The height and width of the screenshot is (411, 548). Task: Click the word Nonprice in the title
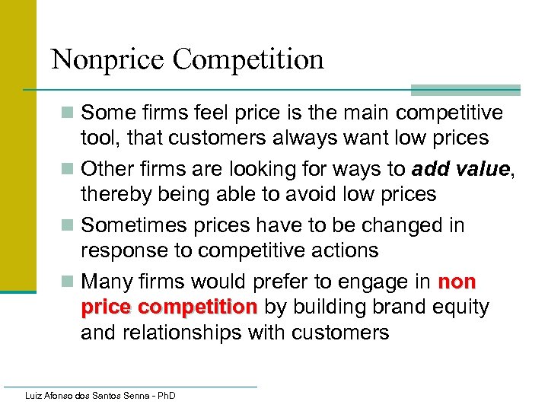(x=108, y=59)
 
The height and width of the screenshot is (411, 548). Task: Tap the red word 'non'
(x=457, y=282)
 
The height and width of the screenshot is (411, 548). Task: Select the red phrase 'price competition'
(x=169, y=307)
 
